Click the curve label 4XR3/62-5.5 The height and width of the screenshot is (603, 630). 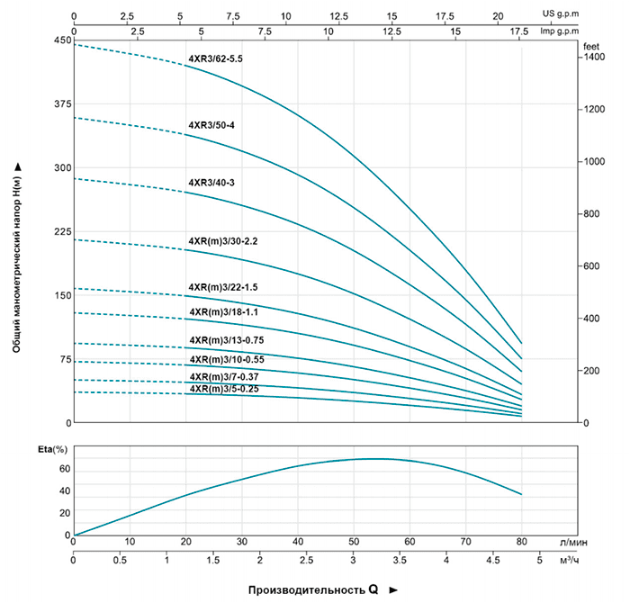[215, 58]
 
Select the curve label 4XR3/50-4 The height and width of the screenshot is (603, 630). [211, 124]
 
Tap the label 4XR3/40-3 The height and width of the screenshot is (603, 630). [211, 183]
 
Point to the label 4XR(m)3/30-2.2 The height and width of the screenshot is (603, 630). [223, 241]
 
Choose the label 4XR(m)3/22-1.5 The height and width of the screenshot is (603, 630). [223, 287]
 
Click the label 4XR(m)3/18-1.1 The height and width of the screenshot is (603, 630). [223, 312]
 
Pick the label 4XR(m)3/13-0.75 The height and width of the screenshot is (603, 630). [226, 340]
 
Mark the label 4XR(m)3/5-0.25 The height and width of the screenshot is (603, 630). [223, 389]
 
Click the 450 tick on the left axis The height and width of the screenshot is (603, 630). [61, 40]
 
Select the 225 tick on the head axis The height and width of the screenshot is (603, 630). [61, 232]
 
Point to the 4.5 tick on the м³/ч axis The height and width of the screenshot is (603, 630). [492, 561]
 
